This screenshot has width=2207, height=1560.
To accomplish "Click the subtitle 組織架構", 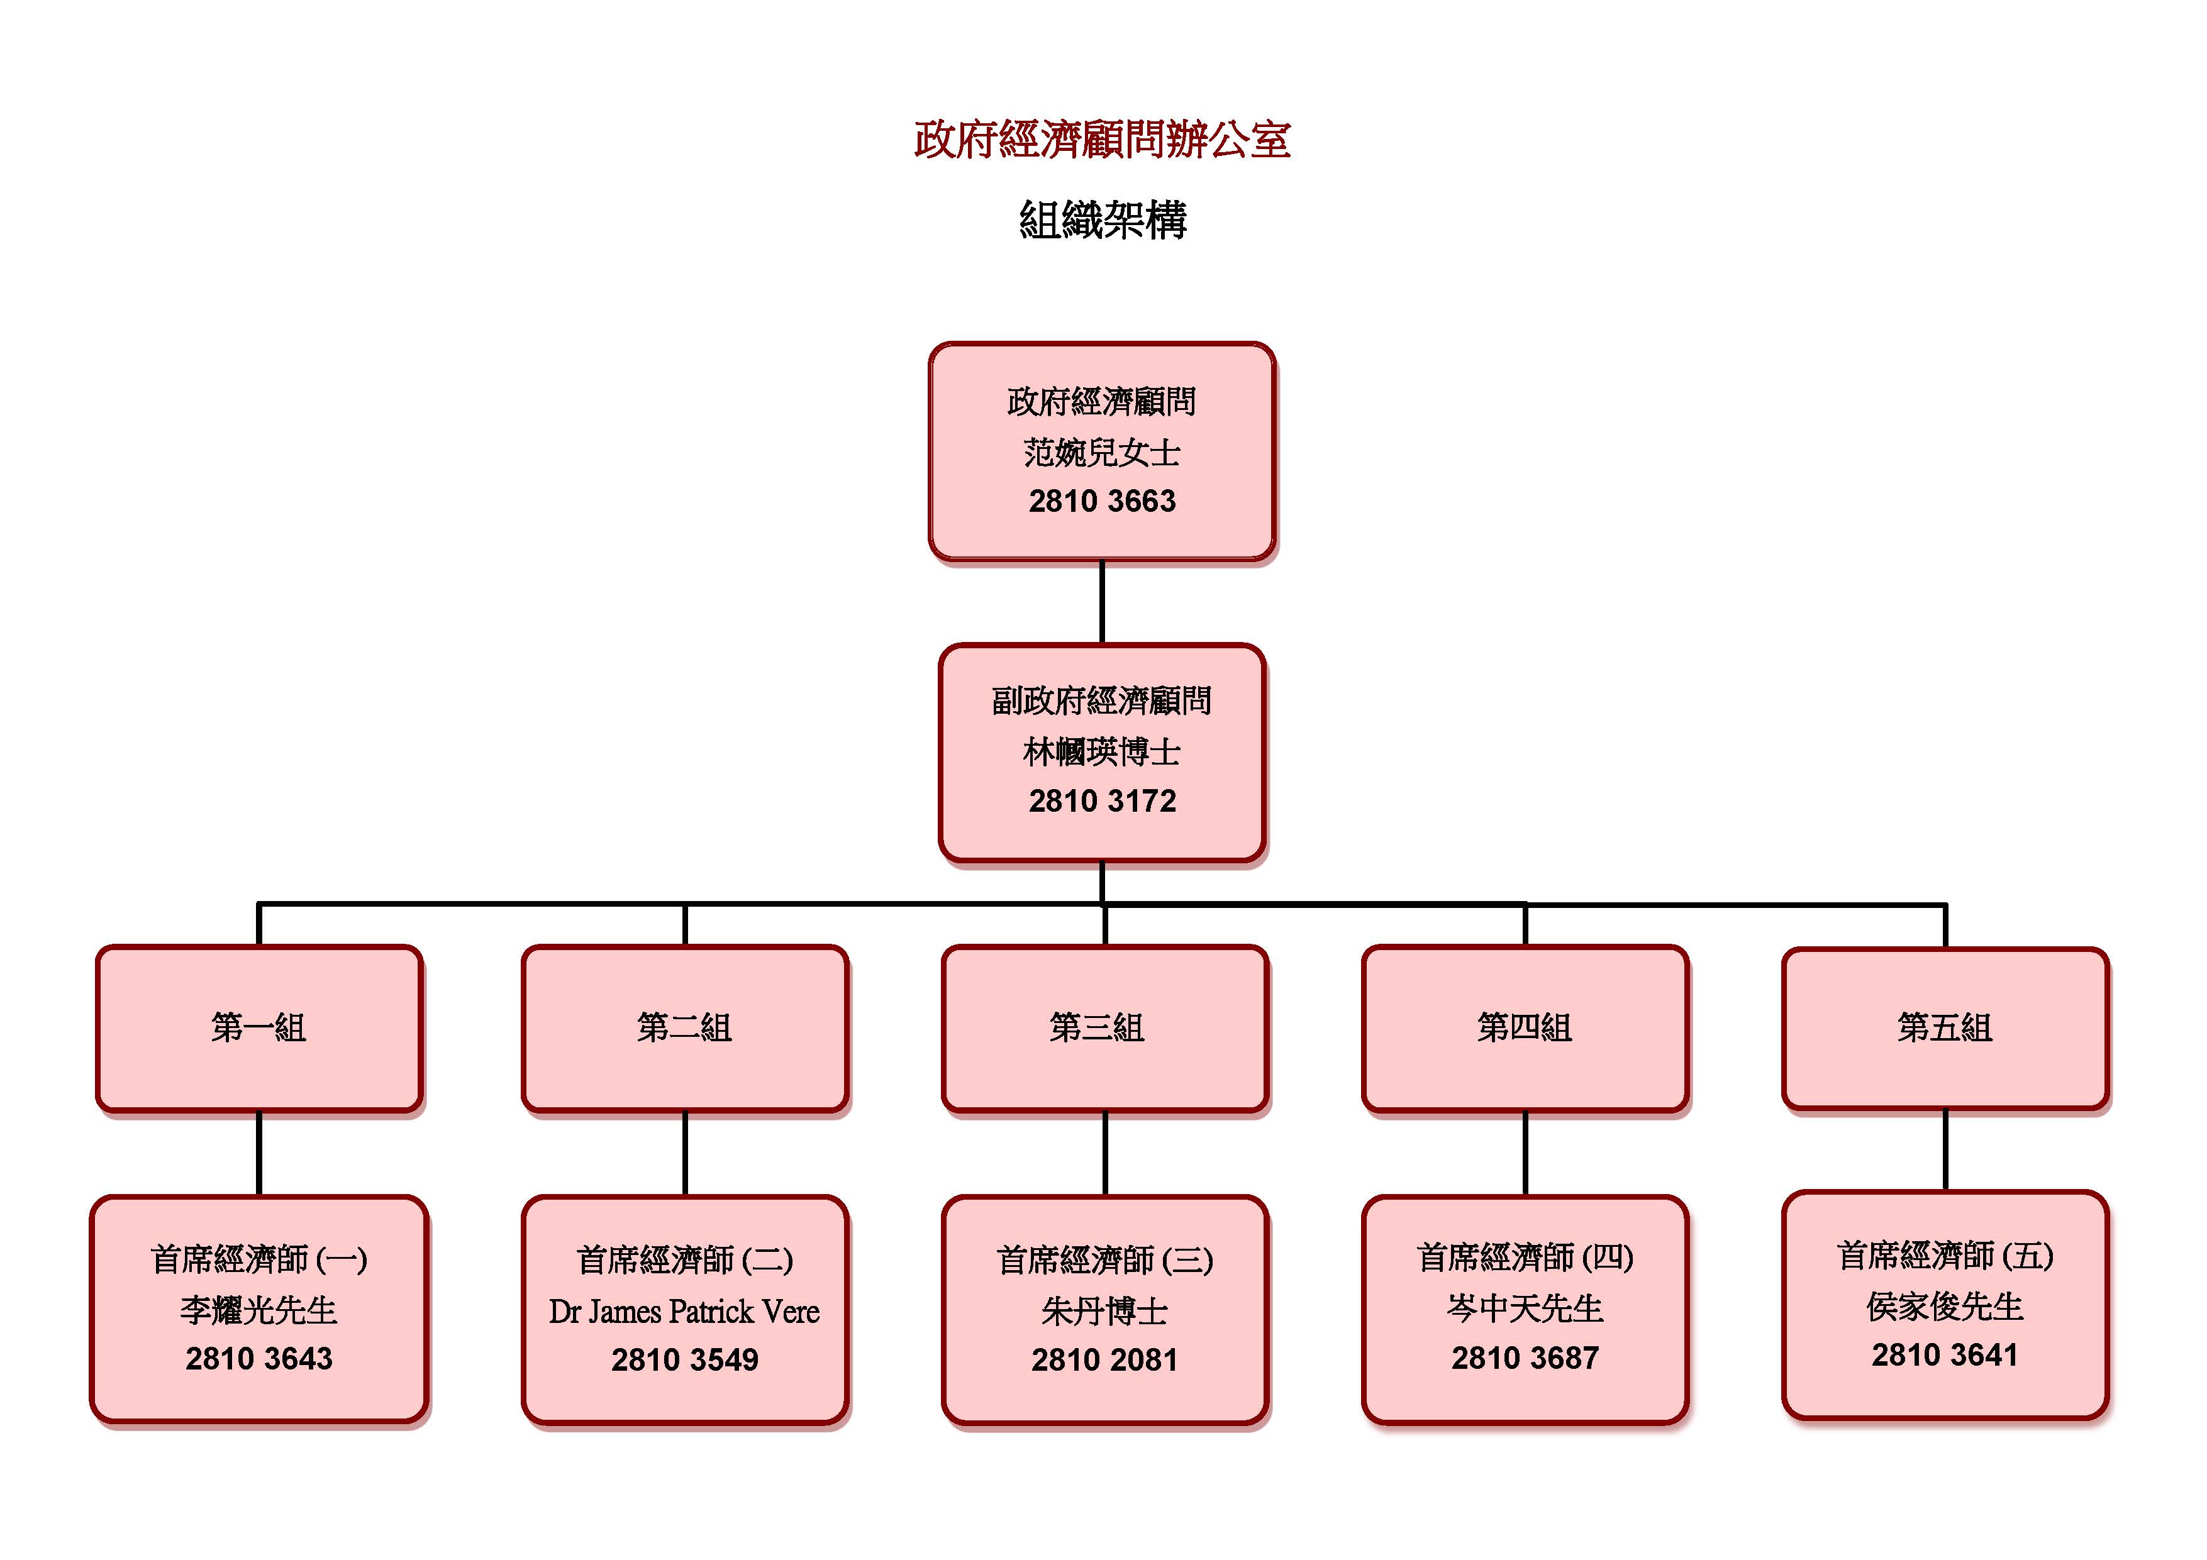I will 1103,220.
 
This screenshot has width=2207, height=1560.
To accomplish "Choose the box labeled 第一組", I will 259,1027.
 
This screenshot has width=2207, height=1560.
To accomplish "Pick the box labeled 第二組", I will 684,1027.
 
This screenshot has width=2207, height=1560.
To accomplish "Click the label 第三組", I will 1097,1027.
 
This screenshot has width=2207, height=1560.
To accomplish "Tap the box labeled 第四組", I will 1525,1027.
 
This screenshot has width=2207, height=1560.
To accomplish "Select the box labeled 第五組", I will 1945,1027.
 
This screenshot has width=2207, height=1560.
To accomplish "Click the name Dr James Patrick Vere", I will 684,1311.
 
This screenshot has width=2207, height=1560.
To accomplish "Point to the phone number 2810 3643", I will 259,1358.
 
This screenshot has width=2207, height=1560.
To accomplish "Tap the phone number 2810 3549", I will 684,1360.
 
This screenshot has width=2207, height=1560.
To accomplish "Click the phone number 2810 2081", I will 1104,1360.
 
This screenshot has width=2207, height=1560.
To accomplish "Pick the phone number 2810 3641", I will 1945,1355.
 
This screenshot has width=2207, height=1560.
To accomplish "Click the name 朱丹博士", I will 1104,1311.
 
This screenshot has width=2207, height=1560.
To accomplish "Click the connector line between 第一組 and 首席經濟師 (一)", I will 259,1153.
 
